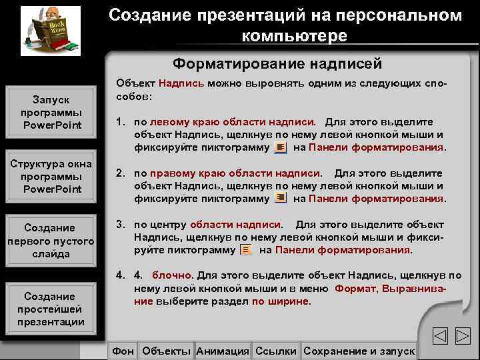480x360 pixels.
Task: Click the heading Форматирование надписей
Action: coord(277,64)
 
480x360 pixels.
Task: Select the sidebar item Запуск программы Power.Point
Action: coord(51,113)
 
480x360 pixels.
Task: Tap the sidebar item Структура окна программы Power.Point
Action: coord(51,177)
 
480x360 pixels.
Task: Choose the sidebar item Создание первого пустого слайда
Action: coord(51,241)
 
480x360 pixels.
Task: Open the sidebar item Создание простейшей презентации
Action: coord(51,309)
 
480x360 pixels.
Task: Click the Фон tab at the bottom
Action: coord(123,351)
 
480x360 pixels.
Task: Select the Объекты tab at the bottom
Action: coord(167,351)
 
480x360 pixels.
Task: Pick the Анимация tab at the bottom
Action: coord(223,351)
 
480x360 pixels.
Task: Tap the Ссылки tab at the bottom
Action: coord(276,351)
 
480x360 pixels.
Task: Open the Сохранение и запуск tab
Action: coord(359,351)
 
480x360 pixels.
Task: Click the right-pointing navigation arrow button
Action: coord(463,336)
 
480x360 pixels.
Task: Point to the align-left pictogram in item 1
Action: coord(281,147)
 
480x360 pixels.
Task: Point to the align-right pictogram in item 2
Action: coord(281,198)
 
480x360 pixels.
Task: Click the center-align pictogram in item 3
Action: coord(246,249)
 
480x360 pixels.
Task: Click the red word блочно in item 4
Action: coord(172,275)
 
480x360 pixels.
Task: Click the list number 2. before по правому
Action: coord(121,173)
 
